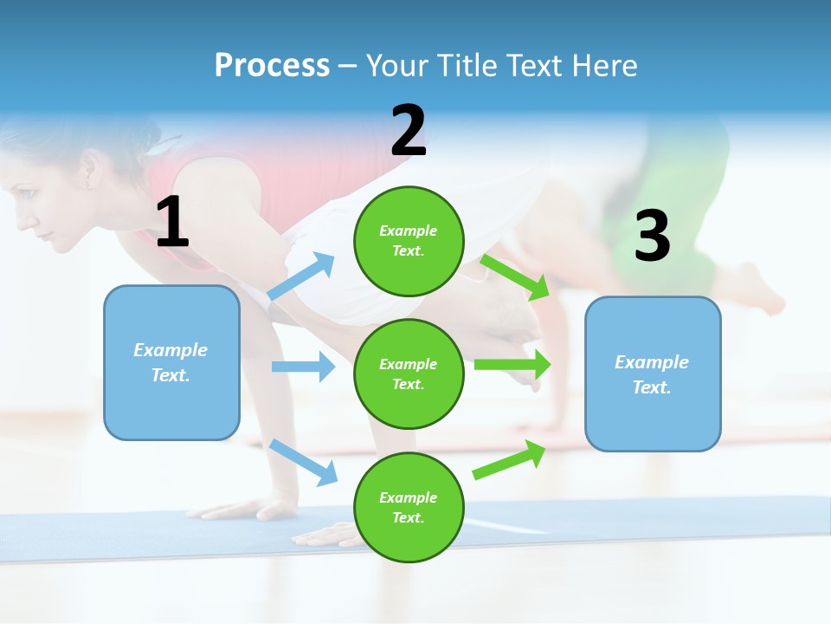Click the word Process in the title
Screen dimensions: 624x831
point(272,66)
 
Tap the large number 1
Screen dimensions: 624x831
point(172,223)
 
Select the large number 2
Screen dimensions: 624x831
point(409,130)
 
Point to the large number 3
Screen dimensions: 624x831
point(652,236)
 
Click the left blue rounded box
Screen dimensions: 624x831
point(171,362)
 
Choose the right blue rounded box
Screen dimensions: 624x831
point(653,374)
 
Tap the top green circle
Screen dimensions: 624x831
point(409,241)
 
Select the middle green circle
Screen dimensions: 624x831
point(409,374)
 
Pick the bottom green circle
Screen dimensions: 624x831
point(409,507)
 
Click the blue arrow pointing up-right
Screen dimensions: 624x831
point(302,276)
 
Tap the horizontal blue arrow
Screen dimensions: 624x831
point(303,367)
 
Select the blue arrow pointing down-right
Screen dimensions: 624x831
point(304,462)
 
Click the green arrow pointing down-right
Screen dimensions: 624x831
point(516,276)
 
